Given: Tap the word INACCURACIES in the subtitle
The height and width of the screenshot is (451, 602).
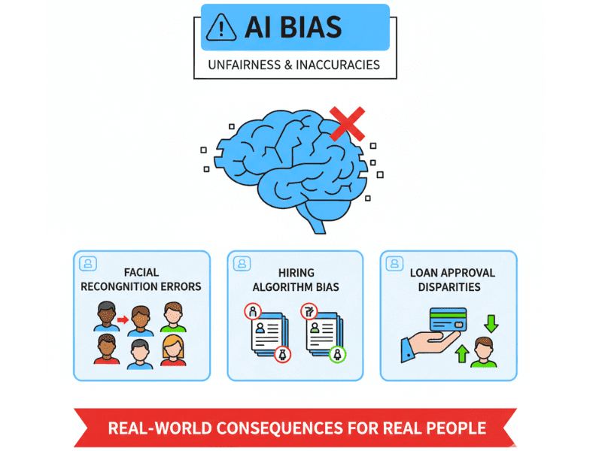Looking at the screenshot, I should tap(338, 65).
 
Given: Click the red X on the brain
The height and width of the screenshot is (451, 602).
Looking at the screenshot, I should tap(347, 123).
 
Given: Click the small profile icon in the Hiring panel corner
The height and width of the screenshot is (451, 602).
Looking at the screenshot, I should tap(242, 263).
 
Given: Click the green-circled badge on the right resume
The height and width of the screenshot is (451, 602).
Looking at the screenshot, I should tap(339, 354).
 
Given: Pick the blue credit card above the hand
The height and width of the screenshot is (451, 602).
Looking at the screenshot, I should tap(448, 318).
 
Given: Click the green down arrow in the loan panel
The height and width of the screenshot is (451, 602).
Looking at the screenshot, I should tap(491, 323).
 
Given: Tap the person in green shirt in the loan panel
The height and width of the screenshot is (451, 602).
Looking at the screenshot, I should tap(484, 353).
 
